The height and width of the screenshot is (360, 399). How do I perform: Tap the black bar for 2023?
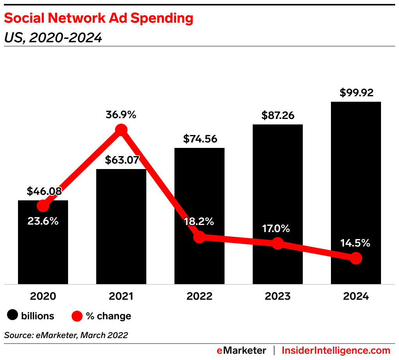[x=277, y=188]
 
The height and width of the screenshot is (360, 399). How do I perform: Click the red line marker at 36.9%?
[x=121, y=130]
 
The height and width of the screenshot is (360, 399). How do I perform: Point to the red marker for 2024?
[x=356, y=258]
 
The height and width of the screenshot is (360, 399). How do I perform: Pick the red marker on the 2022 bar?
[x=199, y=237]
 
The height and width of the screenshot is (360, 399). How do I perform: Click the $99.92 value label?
[x=356, y=93]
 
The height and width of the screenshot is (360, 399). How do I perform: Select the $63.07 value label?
[x=122, y=160]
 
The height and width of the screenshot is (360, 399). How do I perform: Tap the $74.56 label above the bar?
[x=200, y=139]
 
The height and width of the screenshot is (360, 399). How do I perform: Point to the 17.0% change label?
[x=277, y=228]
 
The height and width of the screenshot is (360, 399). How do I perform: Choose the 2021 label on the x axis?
[x=121, y=296]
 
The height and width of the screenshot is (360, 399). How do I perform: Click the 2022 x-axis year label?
[x=199, y=296]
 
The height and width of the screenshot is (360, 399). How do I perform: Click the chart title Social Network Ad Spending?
[x=98, y=18]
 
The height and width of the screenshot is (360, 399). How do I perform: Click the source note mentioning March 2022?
[x=66, y=335]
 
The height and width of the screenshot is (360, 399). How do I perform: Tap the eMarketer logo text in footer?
[x=241, y=350]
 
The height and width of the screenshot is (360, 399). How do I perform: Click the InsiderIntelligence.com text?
[x=336, y=350]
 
